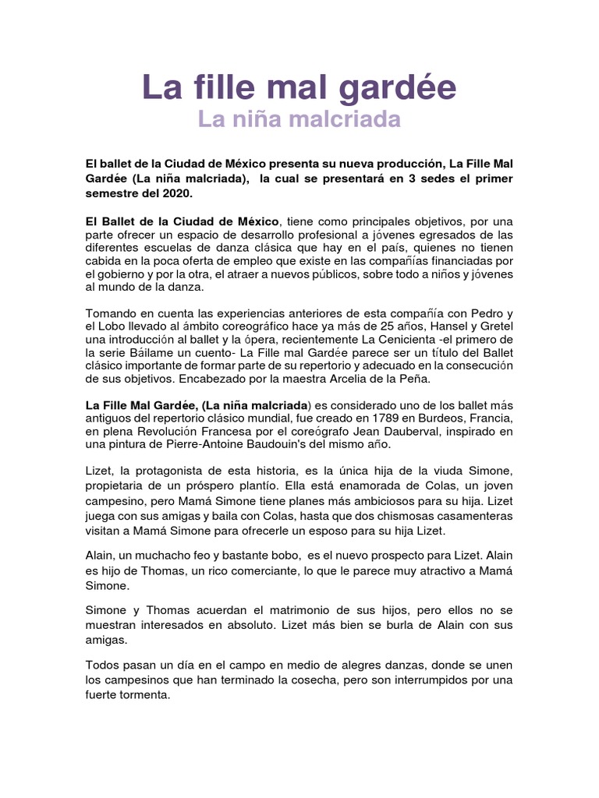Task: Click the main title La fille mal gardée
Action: tap(299, 88)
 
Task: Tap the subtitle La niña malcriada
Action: tap(299, 120)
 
